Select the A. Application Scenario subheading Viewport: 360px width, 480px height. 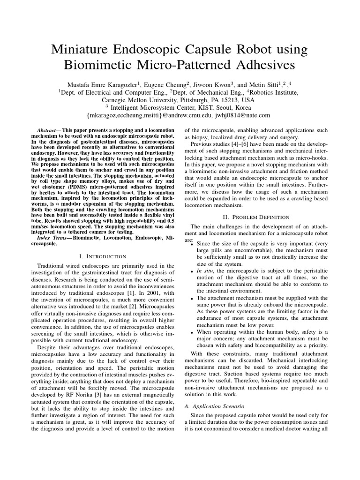[x=216, y=405]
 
